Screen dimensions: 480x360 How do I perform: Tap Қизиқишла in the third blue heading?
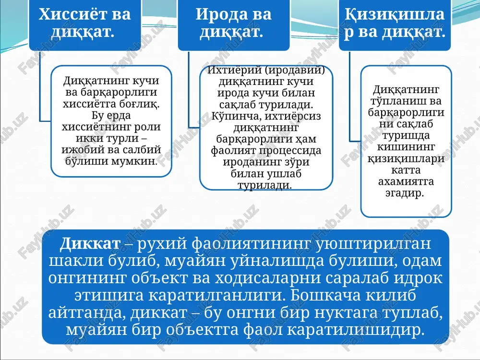(x=395, y=14)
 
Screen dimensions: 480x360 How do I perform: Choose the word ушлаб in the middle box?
(x=284, y=174)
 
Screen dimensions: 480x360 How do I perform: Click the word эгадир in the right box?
(x=404, y=193)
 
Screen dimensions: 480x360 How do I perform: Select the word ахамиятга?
(x=406, y=181)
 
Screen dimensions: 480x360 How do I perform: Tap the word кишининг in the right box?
(x=406, y=147)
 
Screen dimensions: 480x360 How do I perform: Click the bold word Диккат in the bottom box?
(x=90, y=243)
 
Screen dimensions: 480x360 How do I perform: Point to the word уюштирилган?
(x=372, y=244)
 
